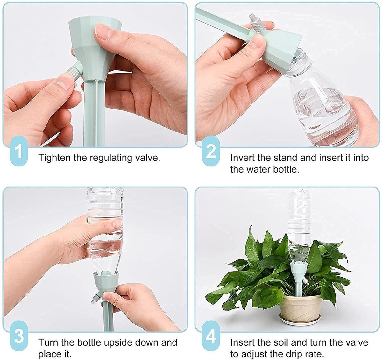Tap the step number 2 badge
211,152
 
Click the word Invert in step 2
243,158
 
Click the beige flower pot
296,304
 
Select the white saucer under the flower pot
296,320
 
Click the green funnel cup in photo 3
105,284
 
